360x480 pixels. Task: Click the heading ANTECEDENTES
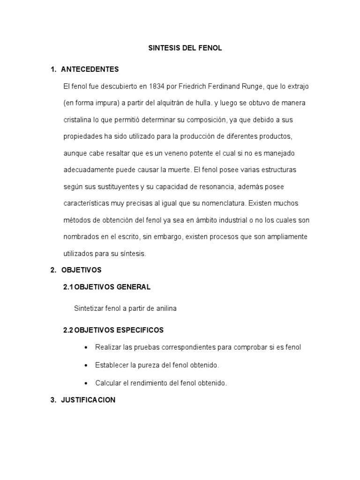(90, 69)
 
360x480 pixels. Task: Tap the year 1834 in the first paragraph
(158, 86)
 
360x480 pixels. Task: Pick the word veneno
(179, 153)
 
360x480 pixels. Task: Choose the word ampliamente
(285, 237)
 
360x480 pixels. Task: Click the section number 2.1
(68, 287)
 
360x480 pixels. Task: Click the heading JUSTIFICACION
(88, 400)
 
